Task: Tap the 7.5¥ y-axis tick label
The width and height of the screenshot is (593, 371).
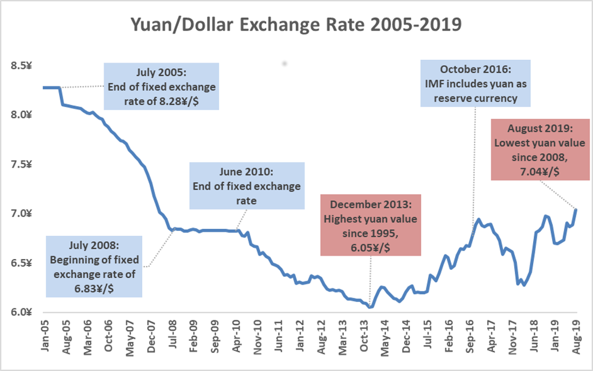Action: pos(22,165)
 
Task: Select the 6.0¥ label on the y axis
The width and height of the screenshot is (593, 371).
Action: pos(22,313)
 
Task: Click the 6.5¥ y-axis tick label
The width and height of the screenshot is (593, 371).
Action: pos(22,263)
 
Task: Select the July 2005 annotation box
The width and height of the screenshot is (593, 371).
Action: pos(161,86)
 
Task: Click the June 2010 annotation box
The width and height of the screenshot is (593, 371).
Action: pos(246,186)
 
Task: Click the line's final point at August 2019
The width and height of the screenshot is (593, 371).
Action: pos(576,209)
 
